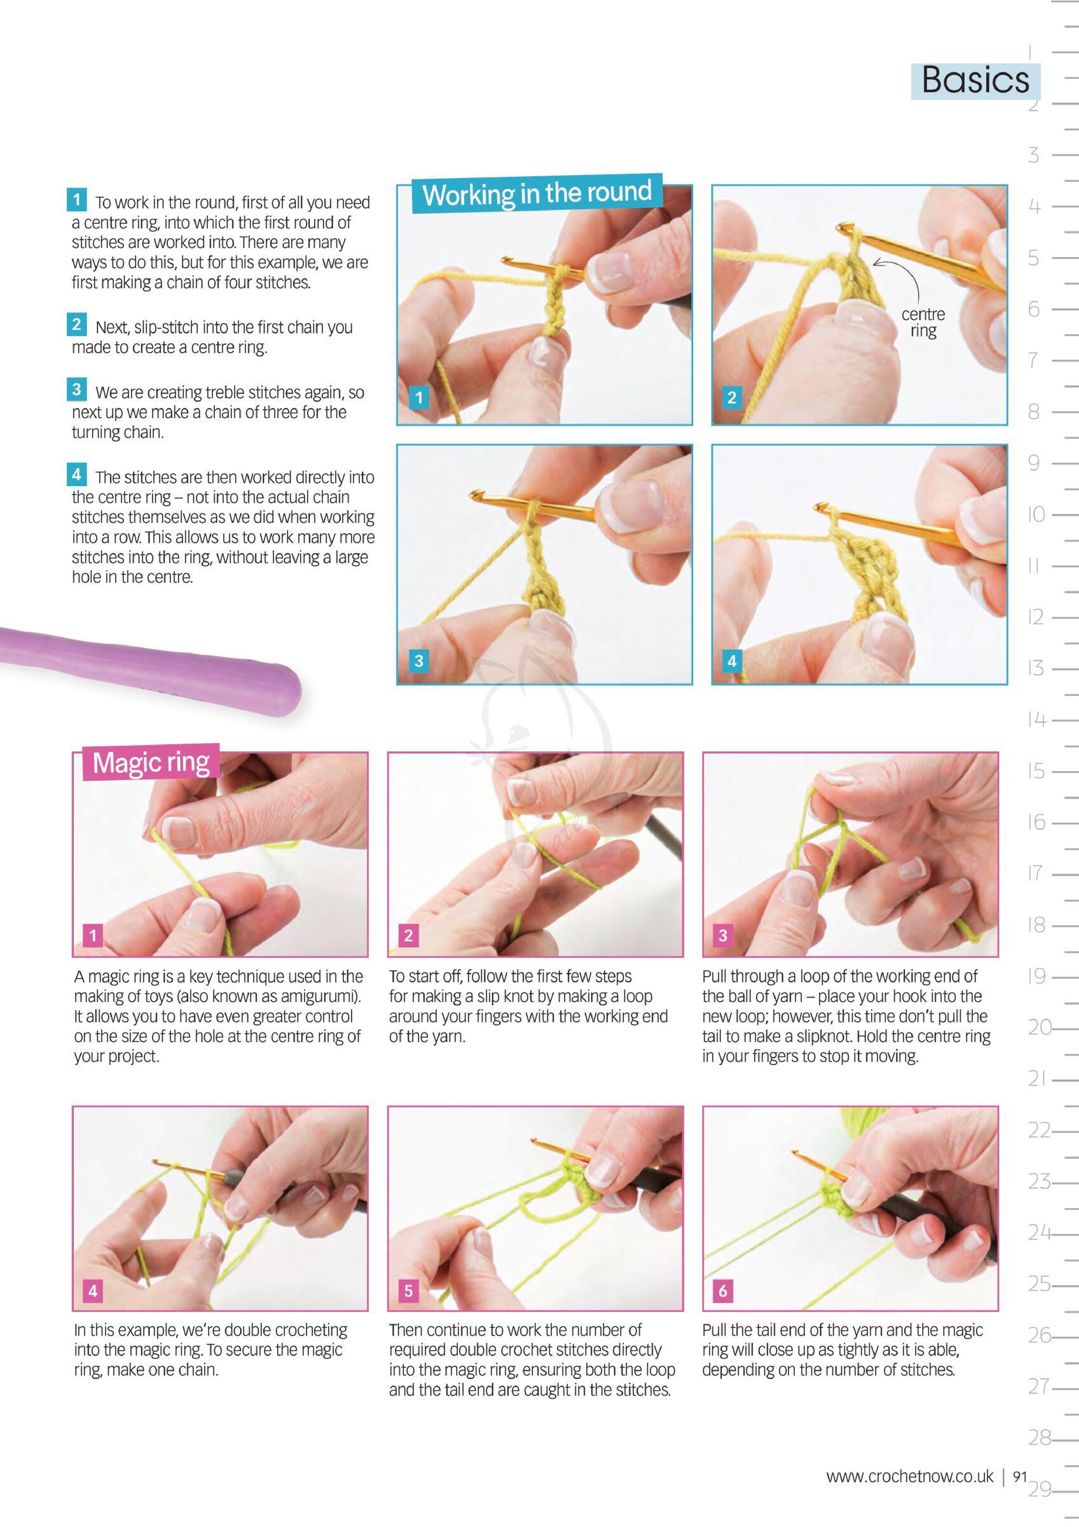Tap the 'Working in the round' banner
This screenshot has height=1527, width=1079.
tap(537, 194)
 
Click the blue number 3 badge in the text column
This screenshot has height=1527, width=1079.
tap(76, 389)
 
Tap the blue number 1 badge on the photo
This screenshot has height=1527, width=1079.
tap(419, 398)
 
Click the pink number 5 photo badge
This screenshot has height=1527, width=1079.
tap(408, 1291)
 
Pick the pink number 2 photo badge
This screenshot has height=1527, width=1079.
tap(408, 935)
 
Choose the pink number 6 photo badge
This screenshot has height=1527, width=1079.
tap(723, 1291)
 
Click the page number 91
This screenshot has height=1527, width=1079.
tap(1020, 1477)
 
